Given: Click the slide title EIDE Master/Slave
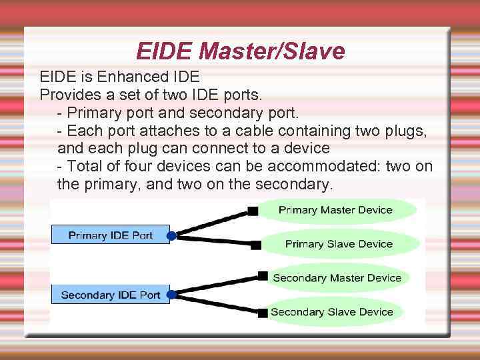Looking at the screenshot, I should pyautogui.click(x=240, y=50).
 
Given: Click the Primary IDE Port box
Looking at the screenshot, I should pyautogui.click(x=111, y=235).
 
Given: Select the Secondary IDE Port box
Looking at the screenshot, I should pyautogui.click(x=111, y=295).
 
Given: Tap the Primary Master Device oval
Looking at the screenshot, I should pyautogui.click(x=335, y=210).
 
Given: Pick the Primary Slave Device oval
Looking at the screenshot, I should pyautogui.click(x=339, y=244).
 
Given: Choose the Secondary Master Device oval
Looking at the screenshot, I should pyautogui.click(x=337, y=277).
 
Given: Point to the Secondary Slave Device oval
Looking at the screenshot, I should pyautogui.click(x=331, y=312).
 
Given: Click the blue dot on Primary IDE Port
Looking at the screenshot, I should pyautogui.click(x=171, y=236).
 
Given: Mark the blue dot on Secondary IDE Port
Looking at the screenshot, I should pyautogui.click(x=171, y=294).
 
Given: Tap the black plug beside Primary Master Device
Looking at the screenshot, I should pyautogui.click(x=253, y=211).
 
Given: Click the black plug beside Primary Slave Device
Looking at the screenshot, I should pyautogui.click(x=256, y=245).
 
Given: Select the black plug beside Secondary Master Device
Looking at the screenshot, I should pyautogui.click(x=263, y=275).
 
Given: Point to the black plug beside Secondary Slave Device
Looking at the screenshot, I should pyautogui.click(x=264, y=312).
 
